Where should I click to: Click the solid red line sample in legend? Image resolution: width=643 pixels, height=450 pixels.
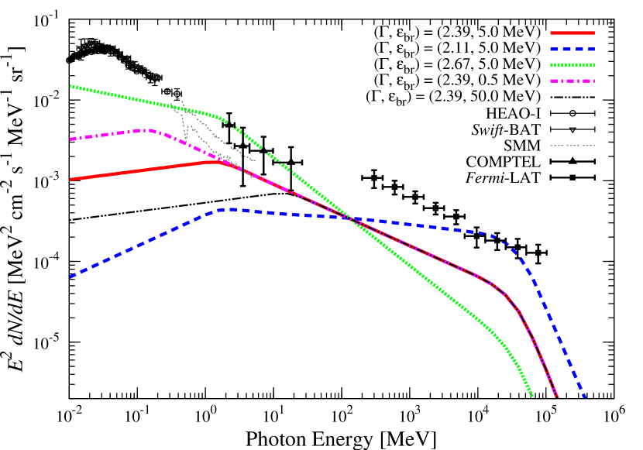pos(573,33)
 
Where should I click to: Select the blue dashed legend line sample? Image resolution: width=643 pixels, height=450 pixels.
pos(573,49)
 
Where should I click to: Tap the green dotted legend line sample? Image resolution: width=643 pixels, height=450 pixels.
pos(573,65)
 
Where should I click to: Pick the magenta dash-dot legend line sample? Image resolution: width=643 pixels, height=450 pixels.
pos(573,81)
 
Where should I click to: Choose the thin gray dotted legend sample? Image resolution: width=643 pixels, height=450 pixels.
pos(573,145)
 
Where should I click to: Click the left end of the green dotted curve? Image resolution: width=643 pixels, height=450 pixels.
pos(70,86)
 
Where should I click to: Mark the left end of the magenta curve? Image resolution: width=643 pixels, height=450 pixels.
pos(70,139)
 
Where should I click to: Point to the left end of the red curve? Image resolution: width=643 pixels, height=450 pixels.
pos(70,180)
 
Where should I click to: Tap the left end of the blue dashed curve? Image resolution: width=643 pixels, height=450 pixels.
pos(70,277)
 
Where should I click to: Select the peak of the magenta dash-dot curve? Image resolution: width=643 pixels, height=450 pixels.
pos(149,129)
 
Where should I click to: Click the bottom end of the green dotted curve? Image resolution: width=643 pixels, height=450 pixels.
pos(533,397)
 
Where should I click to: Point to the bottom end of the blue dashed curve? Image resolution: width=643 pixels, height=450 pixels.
pos(585,397)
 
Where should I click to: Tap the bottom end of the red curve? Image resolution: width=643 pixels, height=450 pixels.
pos(557,397)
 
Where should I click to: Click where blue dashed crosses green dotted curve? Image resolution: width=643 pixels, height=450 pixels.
pos(352,219)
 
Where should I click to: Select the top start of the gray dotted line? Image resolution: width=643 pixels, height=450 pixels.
pos(170,90)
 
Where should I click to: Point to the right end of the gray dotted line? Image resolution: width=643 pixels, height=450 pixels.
pos(255,161)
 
